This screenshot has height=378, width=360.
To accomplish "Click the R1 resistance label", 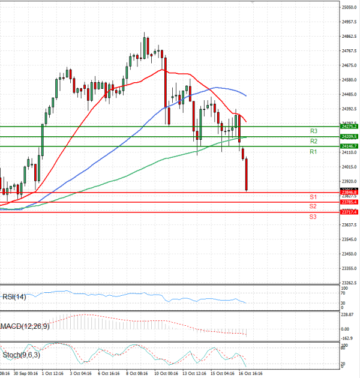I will click(x=313, y=152).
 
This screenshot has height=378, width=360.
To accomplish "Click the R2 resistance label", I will click(x=313, y=141).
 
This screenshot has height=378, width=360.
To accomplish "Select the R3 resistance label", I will click(x=313, y=131).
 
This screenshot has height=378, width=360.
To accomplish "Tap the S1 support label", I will click(x=313, y=197).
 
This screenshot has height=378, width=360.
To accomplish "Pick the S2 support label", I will click(x=313, y=206).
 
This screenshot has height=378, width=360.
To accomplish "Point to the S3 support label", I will click(x=313, y=216).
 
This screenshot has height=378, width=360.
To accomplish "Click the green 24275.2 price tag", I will click(x=349, y=127).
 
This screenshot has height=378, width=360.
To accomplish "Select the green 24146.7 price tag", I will click(x=349, y=146).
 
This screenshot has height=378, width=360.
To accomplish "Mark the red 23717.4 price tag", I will click(x=349, y=212).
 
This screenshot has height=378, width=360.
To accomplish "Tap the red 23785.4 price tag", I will click(x=349, y=202).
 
